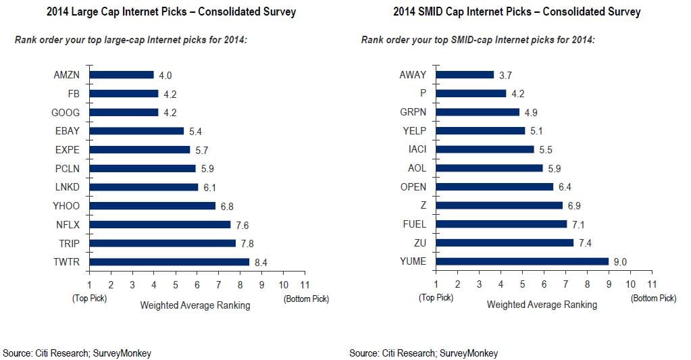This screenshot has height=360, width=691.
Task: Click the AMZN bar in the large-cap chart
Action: click(x=122, y=75)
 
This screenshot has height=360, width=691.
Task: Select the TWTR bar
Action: click(x=170, y=261)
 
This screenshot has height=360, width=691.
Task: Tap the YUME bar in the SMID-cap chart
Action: click(x=522, y=261)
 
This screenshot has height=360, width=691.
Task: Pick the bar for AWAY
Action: click(x=465, y=75)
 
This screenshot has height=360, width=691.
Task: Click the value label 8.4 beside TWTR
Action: click(x=261, y=262)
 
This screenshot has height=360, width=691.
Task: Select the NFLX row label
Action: click(x=67, y=224)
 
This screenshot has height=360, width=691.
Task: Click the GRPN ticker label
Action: click(x=413, y=112)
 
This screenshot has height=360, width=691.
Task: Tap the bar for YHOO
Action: click(x=152, y=205)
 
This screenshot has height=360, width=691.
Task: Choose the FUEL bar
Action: click(x=501, y=224)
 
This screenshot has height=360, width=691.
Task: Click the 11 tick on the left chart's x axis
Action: click(x=305, y=285)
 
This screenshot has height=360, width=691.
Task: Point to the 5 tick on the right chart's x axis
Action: click(x=522, y=285)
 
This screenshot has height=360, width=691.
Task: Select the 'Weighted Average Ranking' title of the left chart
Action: click(x=195, y=305)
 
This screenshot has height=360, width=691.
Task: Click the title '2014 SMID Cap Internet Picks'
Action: click(x=517, y=12)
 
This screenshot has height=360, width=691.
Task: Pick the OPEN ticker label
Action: click(x=413, y=187)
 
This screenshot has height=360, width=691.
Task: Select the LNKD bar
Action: click(x=143, y=187)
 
